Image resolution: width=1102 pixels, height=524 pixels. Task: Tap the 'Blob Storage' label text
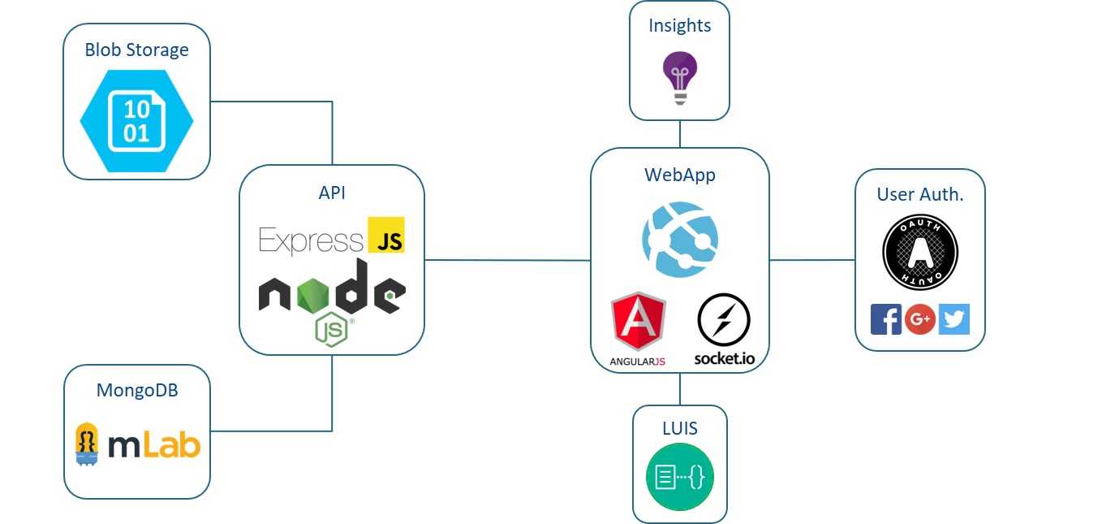(x=136, y=50)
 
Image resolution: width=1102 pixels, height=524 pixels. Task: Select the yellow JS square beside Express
(x=385, y=235)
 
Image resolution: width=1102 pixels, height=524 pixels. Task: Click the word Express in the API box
(x=311, y=240)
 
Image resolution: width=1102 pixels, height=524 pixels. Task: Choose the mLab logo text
(x=153, y=445)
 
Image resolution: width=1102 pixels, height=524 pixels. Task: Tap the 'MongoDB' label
(x=137, y=390)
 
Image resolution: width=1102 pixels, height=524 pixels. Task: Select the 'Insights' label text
(x=680, y=26)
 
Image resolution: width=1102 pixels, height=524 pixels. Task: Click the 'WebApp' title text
(x=680, y=174)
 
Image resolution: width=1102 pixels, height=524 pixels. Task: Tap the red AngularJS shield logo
(x=638, y=323)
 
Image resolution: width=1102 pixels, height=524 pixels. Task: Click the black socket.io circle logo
(x=723, y=322)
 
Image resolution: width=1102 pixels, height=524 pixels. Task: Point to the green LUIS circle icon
(x=680, y=477)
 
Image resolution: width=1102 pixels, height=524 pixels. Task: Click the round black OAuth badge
(x=919, y=253)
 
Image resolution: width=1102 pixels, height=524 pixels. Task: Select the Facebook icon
(x=886, y=319)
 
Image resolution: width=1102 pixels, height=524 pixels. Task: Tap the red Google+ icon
(x=920, y=319)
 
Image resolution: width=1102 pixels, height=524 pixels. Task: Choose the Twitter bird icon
(x=954, y=319)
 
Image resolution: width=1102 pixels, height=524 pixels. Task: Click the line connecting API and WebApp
(x=507, y=260)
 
